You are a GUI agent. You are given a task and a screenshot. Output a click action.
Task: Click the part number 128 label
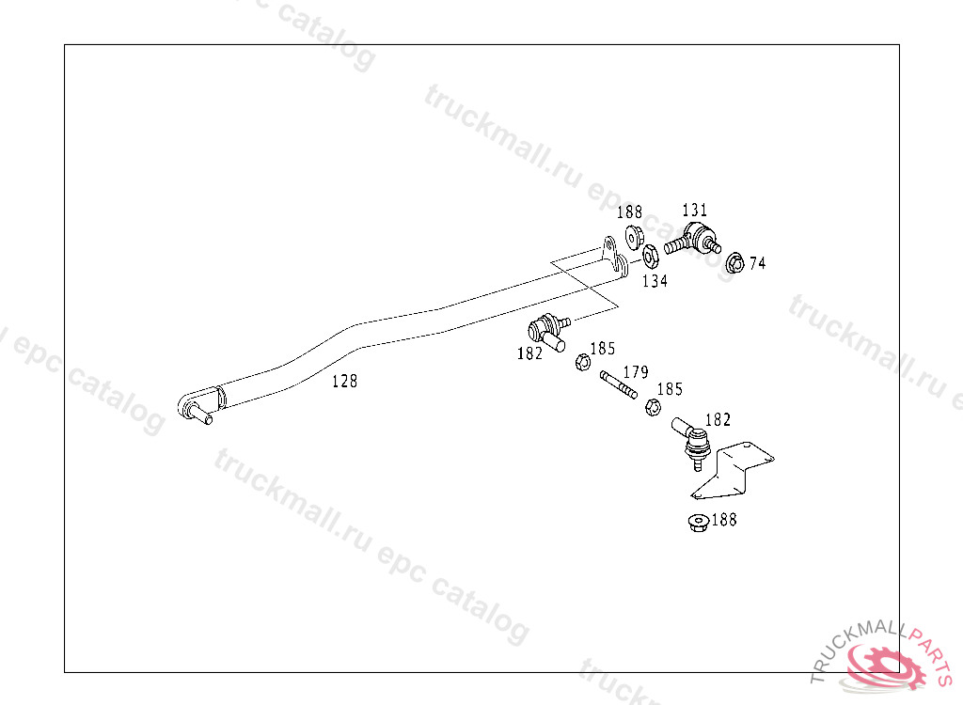[x=344, y=382]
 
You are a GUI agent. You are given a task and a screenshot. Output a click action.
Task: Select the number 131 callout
[x=695, y=211]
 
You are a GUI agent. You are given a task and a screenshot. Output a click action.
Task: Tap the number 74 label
[x=757, y=263]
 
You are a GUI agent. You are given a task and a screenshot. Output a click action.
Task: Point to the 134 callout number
[x=655, y=281]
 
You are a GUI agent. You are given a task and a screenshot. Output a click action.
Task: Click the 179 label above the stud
[x=636, y=372]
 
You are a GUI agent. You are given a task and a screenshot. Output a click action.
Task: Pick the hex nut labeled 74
[x=734, y=263]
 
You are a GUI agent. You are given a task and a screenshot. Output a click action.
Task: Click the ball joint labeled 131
[x=693, y=239]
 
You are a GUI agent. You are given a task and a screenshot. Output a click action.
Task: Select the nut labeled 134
[x=651, y=256]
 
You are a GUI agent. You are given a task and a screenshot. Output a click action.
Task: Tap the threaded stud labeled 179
[x=619, y=385]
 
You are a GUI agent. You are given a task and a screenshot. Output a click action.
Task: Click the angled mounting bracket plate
[x=734, y=471]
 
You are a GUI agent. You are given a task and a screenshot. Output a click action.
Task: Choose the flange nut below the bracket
[x=699, y=523]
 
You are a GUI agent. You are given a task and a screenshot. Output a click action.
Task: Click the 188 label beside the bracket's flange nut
[x=724, y=520]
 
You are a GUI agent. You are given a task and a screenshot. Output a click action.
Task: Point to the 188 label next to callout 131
[x=629, y=212]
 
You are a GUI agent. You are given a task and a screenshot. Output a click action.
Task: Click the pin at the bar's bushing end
[x=201, y=413]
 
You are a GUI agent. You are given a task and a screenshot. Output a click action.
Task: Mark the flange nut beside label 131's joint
[x=634, y=237]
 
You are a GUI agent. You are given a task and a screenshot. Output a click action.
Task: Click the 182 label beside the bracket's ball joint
[x=718, y=420]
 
